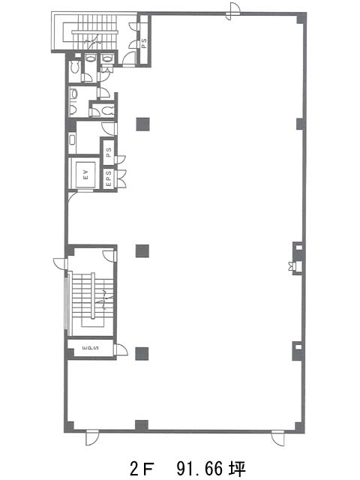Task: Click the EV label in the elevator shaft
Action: point(85,175)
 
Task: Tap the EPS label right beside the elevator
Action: point(109,178)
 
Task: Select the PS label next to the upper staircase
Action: point(144,42)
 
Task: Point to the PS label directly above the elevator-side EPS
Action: point(109,152)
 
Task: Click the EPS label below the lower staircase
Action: point(91,348)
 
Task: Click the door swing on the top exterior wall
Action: point(233,11)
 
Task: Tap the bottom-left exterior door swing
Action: point(91,438)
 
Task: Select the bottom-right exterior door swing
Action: point(277,438)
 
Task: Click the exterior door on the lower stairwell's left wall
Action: point(60,263)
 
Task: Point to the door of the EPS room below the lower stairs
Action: point(120,349)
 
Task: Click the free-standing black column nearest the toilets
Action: point(143,124)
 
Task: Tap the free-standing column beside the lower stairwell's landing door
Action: point(142,251)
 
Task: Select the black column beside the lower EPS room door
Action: point(142,353)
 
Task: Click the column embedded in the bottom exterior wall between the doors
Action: point(142,425)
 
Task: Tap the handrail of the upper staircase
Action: point(95,31)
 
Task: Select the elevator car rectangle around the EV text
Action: point(85,175)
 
